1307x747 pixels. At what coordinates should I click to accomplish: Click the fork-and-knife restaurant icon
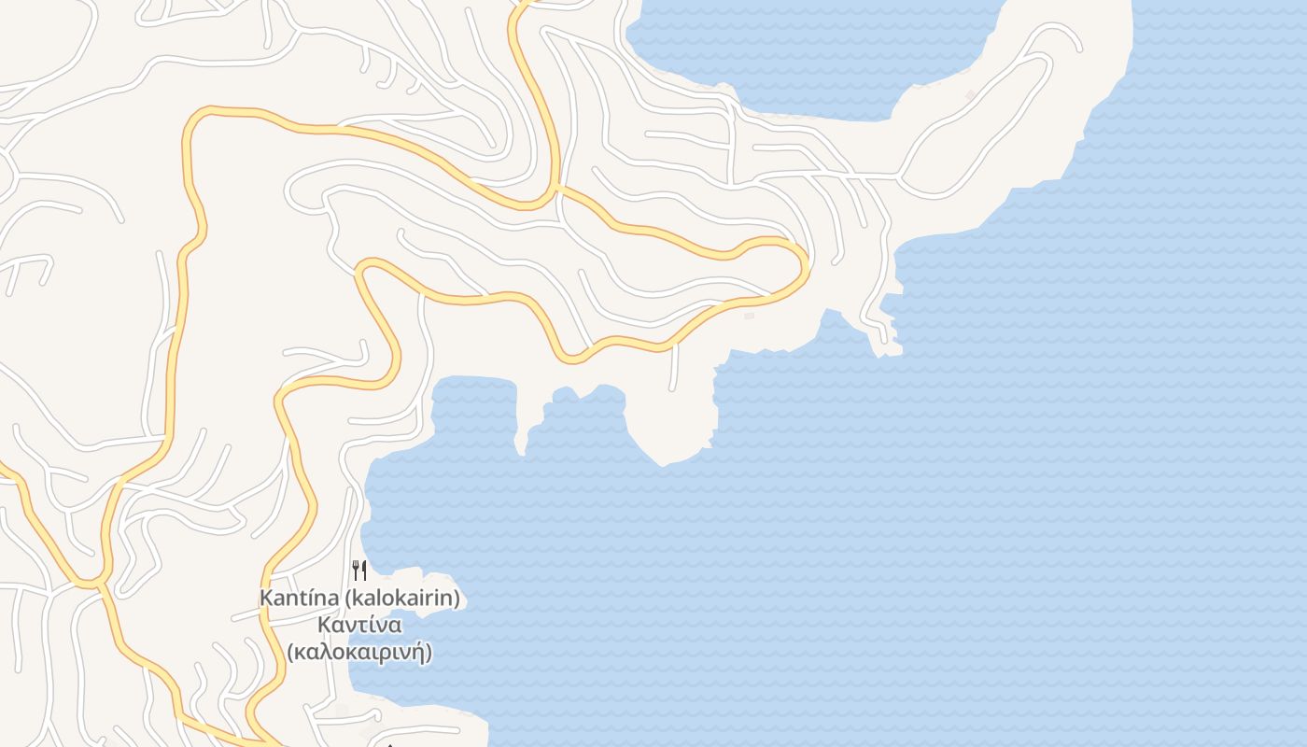[359, 570]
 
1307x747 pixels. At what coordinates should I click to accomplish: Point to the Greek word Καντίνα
[359, 625]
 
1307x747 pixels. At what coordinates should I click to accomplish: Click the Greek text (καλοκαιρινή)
[359, 652]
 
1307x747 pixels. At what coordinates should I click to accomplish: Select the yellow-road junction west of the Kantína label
[98, 583]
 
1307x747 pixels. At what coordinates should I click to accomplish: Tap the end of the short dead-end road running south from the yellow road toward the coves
[673, 388]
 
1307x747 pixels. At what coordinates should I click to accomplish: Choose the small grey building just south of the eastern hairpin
[749, 316]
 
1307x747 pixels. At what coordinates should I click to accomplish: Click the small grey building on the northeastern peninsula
[971, 95]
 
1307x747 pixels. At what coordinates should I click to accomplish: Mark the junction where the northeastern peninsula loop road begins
[898, 175]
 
